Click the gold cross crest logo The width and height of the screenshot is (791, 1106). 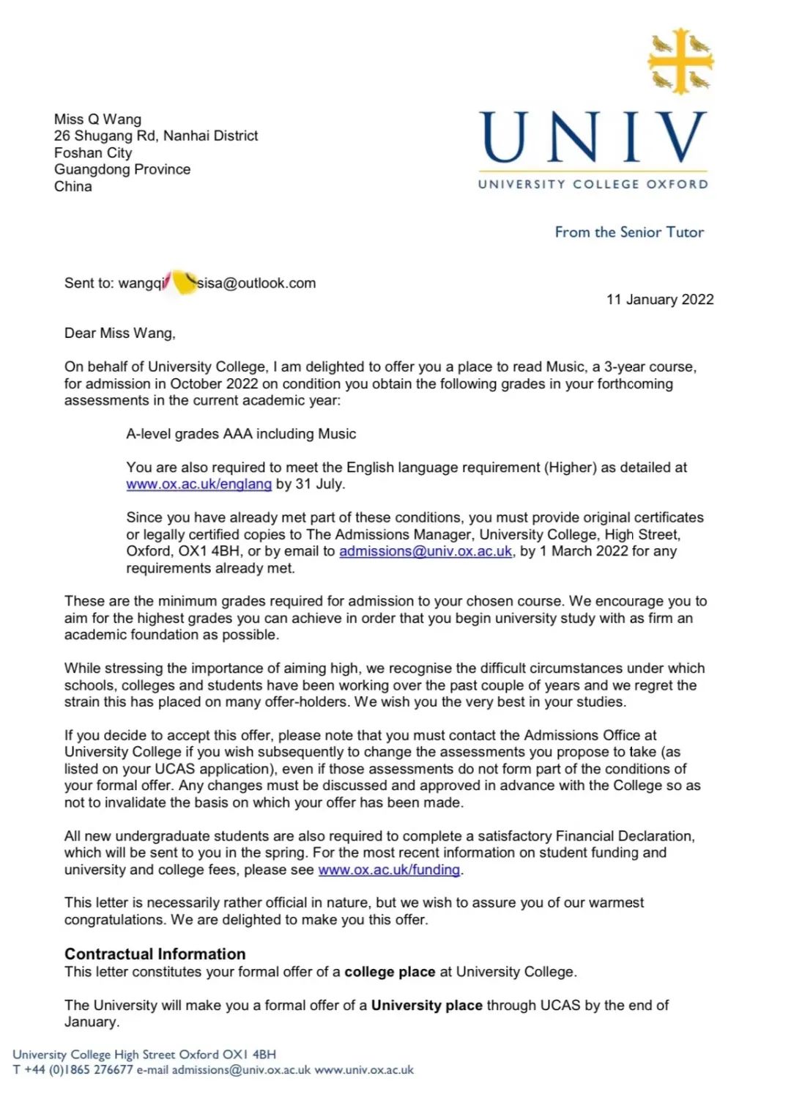point(680,62)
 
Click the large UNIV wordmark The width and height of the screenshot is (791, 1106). point(593,137)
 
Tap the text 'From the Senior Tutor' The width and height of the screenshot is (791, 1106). point(629,232)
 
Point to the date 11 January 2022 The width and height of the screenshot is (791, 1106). point(660,299)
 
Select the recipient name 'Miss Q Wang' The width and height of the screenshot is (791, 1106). point(97,119)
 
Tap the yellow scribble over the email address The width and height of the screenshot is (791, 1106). point(184,282)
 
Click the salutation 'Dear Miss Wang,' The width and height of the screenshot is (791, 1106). point(120,333)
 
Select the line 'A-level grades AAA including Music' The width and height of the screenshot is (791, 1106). point(241,433)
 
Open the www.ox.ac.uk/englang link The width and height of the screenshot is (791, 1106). point(198,484)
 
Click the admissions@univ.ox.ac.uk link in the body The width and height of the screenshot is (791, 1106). point(426,551)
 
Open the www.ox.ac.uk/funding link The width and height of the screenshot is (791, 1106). point(389,869)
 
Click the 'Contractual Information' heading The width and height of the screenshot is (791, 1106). point(155,954)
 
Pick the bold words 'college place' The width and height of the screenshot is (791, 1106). point(390,972)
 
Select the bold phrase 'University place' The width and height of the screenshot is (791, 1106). point(426,1005)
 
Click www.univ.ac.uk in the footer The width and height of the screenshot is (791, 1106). point(364,1070)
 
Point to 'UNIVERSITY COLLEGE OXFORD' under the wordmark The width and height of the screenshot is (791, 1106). point(593,184)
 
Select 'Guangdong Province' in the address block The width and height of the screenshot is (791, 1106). point(122,169)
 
